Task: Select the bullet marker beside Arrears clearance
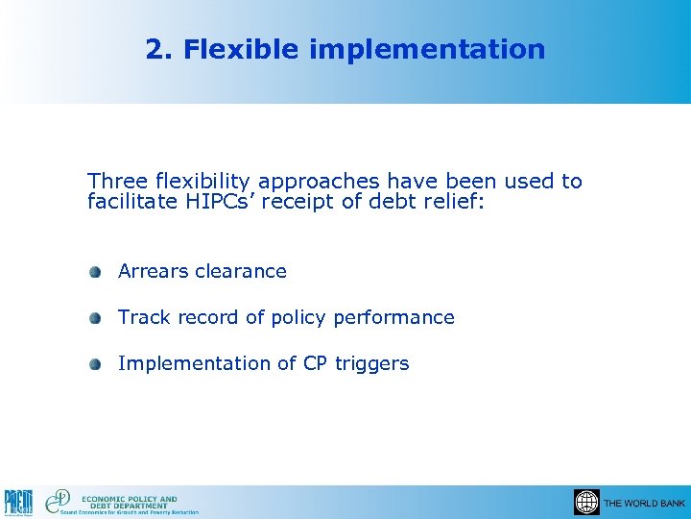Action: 96,273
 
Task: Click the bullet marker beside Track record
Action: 96,318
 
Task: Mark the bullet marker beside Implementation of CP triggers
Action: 96,364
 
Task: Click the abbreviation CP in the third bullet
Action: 316,364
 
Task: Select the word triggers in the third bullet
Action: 372,364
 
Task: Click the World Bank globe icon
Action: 586,503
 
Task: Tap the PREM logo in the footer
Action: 19,502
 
